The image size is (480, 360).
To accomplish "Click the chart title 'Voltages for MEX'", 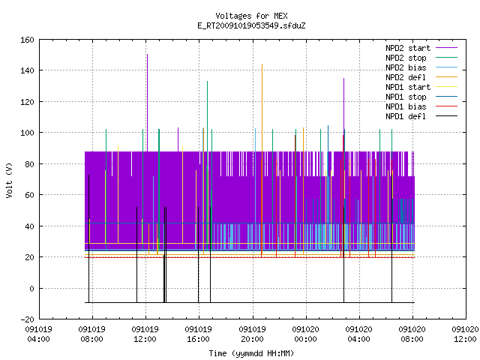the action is coord(251,16).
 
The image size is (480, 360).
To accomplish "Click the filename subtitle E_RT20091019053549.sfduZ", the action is coord(251,25).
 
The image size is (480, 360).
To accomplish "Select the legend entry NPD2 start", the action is coord(408,48).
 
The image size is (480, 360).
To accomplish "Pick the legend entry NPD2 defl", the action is coord(406,77).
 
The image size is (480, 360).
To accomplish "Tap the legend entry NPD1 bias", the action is coord(406,106).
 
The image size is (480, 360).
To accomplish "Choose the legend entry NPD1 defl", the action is coord(406,116).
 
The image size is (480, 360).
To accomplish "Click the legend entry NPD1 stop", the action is coord(406,97).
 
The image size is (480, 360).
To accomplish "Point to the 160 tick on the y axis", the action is coord(27,40).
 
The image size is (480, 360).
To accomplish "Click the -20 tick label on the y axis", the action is coord(27,319).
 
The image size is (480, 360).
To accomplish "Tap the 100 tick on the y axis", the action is coord(27,133).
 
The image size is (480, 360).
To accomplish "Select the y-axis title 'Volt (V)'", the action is coord(9,180).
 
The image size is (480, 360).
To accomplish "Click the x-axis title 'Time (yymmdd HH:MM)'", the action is coord(251,353).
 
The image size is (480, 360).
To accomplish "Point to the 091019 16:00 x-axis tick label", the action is coord(198,334).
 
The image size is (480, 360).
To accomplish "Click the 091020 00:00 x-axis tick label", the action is coord(305,334).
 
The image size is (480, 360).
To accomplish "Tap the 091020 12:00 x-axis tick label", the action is coord(465,334).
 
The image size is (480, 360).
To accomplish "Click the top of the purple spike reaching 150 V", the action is coord(147,55).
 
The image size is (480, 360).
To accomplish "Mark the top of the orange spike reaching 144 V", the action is coord(262,64).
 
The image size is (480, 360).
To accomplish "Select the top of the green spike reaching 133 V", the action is coord(207,81).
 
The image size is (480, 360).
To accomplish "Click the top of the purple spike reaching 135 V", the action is coord(343,78).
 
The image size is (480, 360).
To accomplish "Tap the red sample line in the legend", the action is coord(446,106).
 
